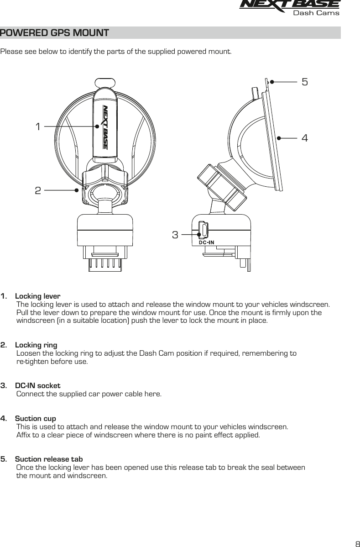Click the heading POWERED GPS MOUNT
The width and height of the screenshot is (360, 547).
(x=55, y=33)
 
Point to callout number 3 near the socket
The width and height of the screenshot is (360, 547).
(x=175, y=235)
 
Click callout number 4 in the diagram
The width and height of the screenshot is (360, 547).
(x=304, y=137)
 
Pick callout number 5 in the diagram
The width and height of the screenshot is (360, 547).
(x=305, y=82)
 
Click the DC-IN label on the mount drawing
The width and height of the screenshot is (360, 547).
(x=206, y=242)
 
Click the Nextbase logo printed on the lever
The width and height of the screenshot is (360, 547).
(x=105, y=127)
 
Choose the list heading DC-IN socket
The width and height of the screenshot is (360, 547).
(x=38, y=385)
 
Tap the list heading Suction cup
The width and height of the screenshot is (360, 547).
(x=36, y=418)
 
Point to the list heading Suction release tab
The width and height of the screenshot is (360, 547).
(x=49, y=458)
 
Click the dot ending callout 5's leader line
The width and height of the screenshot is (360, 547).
(x=271, y=82)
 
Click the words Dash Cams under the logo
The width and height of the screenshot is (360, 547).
(x=316, y=13)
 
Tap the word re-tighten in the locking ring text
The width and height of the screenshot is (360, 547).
(x=29, y=362)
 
